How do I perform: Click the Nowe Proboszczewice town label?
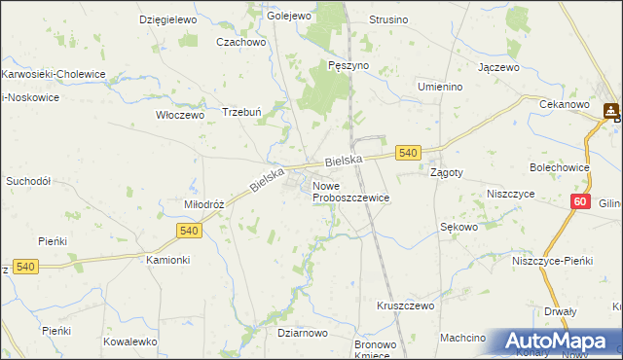[x=350, y=191]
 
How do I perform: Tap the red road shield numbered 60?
[x=580, y=201]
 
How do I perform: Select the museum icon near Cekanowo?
[x=611, y=111]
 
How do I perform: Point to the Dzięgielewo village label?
[x=168, y=19]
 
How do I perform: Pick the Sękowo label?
[x=458, y=227]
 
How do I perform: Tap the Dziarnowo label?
[x=301, y=333]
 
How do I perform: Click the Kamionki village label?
[x=167, y=261]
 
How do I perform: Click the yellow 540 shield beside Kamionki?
[x=190, y=230]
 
